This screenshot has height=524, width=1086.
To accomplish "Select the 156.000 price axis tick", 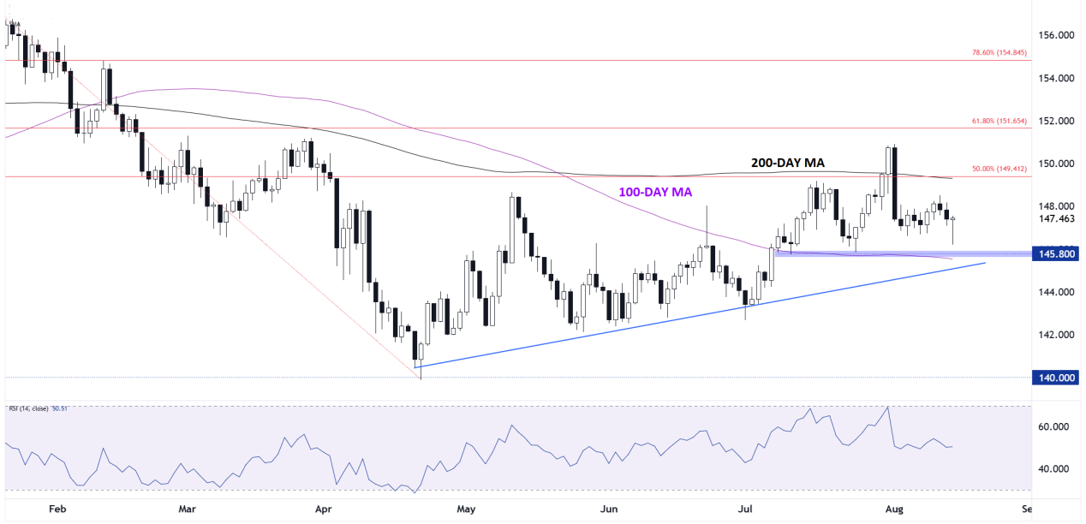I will click(x=1055, y=36).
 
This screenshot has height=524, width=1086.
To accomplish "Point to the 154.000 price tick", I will click(x=1055, y=79).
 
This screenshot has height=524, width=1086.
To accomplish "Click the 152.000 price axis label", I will click(x=1055, y=121).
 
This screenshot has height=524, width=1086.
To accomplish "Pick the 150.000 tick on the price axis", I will click(x=1055, y=164).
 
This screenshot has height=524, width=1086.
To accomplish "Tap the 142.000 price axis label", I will click(x=1055, y=335).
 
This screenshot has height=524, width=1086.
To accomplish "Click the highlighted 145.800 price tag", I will click(x=1055, y=254).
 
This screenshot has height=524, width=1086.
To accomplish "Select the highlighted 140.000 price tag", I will click(x=1055, y=378).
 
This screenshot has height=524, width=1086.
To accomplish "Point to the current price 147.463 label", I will click(x=1055, y=219).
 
